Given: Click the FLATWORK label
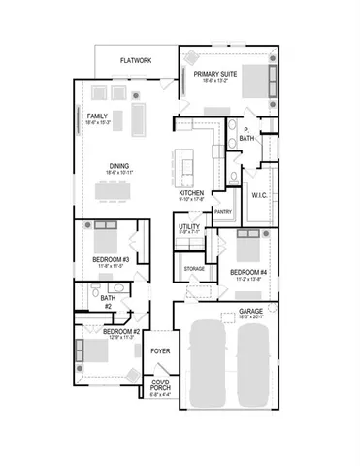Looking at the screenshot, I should click(x=137, y=60).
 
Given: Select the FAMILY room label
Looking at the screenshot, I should click(x=97, y=116).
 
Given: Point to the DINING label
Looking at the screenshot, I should click(x=119, y=166).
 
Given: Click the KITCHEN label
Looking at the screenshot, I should click(x=191, y=193).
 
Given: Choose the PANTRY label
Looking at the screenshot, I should click(x=222, y=211).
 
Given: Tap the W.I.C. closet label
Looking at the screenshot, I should click(x=259, y=194).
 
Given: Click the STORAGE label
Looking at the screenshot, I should click(x=194, y=266).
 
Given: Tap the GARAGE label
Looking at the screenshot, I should click(x=251, y=312).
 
